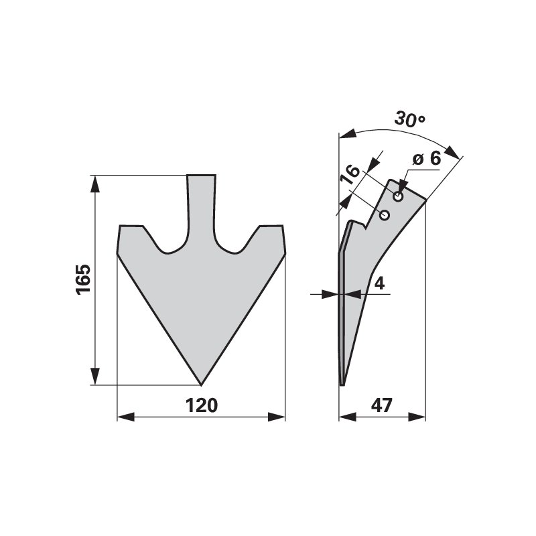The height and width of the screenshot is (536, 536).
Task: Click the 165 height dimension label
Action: click(x=83, y=279)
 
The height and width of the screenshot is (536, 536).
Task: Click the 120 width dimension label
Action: click(x=202, y=405)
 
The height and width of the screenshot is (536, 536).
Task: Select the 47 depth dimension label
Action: click(x=382, y=405)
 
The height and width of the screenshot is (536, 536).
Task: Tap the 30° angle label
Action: click(x=410, y=119)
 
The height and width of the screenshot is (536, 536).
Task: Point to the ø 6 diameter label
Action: click(x=427, y=159)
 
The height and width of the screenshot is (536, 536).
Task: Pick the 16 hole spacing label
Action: click(x=351, y=175)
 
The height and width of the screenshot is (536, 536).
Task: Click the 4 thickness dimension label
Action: click(x=379, y=283)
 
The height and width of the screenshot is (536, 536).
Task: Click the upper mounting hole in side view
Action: click(x=398, y=197)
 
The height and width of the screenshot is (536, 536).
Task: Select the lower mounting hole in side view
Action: click(x=385, y=215)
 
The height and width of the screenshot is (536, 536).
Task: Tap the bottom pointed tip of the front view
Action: click(x=201, y=385)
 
